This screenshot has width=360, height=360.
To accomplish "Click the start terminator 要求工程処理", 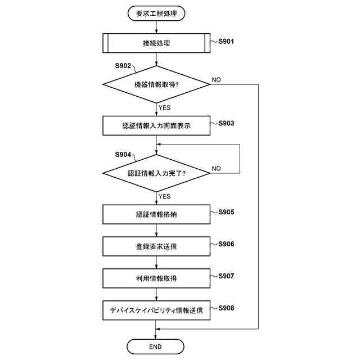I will [x=156, y=13].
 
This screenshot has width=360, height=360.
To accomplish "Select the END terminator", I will [x=156, y=346].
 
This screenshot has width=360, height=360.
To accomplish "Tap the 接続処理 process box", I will [x=156, y=43].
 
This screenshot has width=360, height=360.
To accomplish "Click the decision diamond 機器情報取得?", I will [x=156, y=84].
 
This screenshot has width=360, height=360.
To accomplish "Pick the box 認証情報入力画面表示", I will [x=156, y=125].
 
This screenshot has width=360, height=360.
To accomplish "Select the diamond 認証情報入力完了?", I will [x=156, y=173].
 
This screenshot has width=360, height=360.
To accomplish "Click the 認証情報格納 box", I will [x=156, y=214].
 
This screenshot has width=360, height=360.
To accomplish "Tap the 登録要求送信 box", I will [x=156, y=246].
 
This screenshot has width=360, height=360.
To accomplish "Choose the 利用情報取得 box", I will [x=156, y=278].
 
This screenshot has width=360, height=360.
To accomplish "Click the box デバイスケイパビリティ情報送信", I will [x=156, y=310].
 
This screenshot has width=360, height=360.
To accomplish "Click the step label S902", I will [x=123, y=66].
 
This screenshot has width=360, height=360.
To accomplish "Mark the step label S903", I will [x=227, y=123].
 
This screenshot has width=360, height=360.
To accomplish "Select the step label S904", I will [x=123, y=154].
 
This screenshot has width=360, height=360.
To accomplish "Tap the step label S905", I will [x=227, y=212].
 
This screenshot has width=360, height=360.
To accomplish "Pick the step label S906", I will [x=227, y=244].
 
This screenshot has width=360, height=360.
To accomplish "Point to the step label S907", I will [x=227, y=276].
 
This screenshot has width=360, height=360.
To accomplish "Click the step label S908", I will [x=227, y=308].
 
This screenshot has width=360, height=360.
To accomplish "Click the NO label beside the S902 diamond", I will [x=217, y=80].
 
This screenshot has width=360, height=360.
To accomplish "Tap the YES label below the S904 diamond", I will [x=165, y=196].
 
